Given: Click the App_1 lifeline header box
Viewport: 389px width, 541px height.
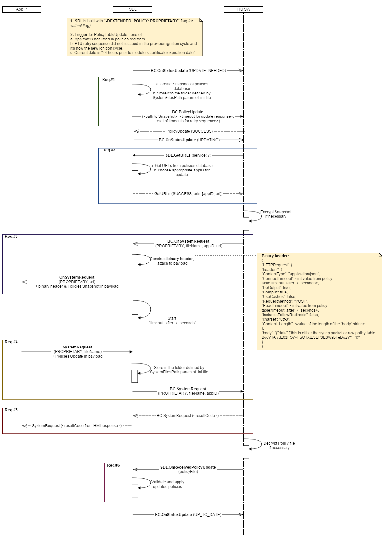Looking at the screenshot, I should [x=22, y=9].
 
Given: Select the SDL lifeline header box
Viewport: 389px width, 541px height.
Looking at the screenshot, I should [x=133, y=9].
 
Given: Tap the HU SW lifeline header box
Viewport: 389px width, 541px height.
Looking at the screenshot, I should [x=243, y=9].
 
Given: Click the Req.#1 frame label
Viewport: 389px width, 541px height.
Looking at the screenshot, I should [x=109, y=80].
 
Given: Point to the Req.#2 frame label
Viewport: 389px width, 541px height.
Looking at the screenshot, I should [x=109, y=150].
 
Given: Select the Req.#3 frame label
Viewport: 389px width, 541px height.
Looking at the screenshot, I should [x=11, y=237].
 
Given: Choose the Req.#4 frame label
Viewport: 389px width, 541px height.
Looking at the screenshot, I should [x=11, y=342].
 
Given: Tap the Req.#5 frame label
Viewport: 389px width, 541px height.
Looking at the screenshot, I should [x=11, y=410].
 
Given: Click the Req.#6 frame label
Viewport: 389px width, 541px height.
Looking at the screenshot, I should [x=113, y=465].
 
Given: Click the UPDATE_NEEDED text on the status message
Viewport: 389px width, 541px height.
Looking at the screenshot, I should [x=207, y=71].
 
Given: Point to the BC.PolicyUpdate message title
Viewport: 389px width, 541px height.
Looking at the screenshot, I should [x=188, y=112].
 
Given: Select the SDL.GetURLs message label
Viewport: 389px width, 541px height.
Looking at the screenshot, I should [x=178, y=155].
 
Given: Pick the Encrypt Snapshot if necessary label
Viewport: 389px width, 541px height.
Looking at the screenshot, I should [x=276, y=214].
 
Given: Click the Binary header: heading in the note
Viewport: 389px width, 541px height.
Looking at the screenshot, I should [x=275, y=256].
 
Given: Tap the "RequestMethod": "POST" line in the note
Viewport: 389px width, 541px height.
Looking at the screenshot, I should [x=285, y=301].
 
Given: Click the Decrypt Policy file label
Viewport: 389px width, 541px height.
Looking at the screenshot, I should [x=279, y=443].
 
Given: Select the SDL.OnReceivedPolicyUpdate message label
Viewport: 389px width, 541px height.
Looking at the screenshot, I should [x=188, y=467].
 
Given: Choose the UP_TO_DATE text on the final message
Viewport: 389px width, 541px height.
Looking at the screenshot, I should [x=207, y=515].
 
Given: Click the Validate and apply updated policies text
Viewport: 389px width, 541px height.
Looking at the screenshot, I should [x=168, y=484].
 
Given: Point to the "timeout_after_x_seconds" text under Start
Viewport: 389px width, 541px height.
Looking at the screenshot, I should [x=172, y=323].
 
